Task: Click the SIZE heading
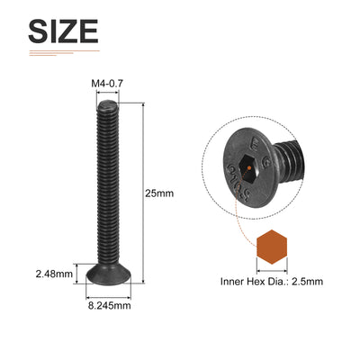(63, 31)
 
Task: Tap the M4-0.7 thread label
(107, 84)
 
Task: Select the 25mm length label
(159, 193)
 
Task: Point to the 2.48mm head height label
(54, 274)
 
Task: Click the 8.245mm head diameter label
(110, 306)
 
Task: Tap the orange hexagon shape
(272, 247)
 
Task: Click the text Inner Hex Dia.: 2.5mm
(272, 282)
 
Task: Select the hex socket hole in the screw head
(250, 169)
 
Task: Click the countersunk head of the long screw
(109, 274)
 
